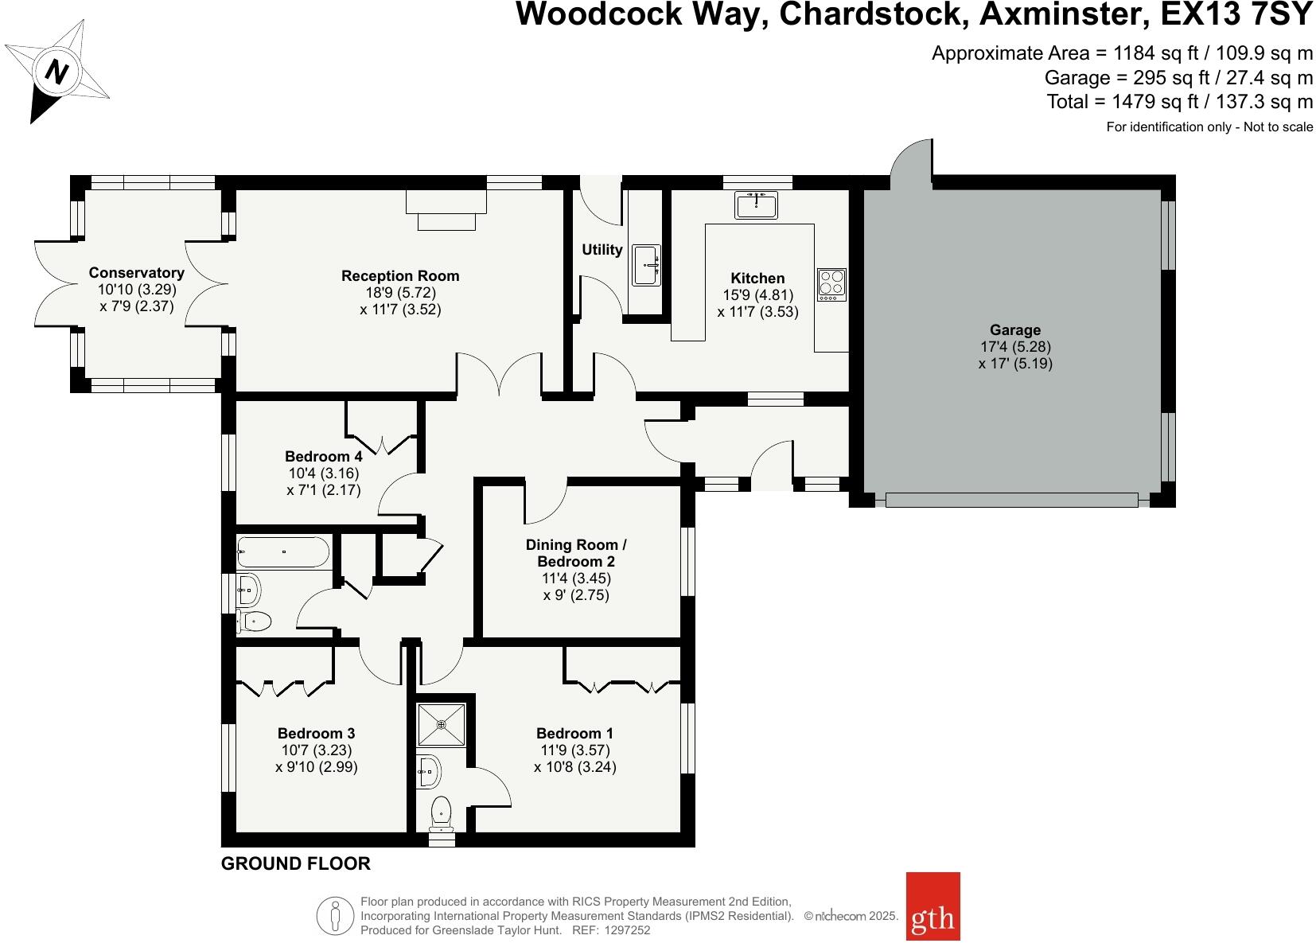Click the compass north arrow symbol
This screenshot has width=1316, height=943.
pos(56,72)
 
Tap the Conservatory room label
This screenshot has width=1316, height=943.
pos(136,273)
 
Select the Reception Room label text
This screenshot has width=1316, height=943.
pos(400,276)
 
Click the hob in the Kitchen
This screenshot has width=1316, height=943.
pos(831,284)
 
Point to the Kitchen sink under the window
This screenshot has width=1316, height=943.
pos(757,205)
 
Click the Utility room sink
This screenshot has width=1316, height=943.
pos(645,265)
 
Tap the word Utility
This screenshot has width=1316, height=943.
pos(602,250)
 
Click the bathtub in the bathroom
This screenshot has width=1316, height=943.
pos(283,551)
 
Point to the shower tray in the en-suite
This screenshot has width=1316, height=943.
pos(442,724)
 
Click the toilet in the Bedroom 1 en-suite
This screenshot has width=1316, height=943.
pos(441,814)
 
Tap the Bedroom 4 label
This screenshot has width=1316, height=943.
pos(324,456)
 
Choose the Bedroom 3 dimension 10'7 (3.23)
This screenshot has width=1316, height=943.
pos(316,750)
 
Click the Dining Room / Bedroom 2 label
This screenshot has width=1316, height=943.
pos(576,553)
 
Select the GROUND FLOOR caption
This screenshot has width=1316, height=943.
pos(295,863)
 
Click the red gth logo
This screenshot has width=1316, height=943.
pos(932,918)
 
